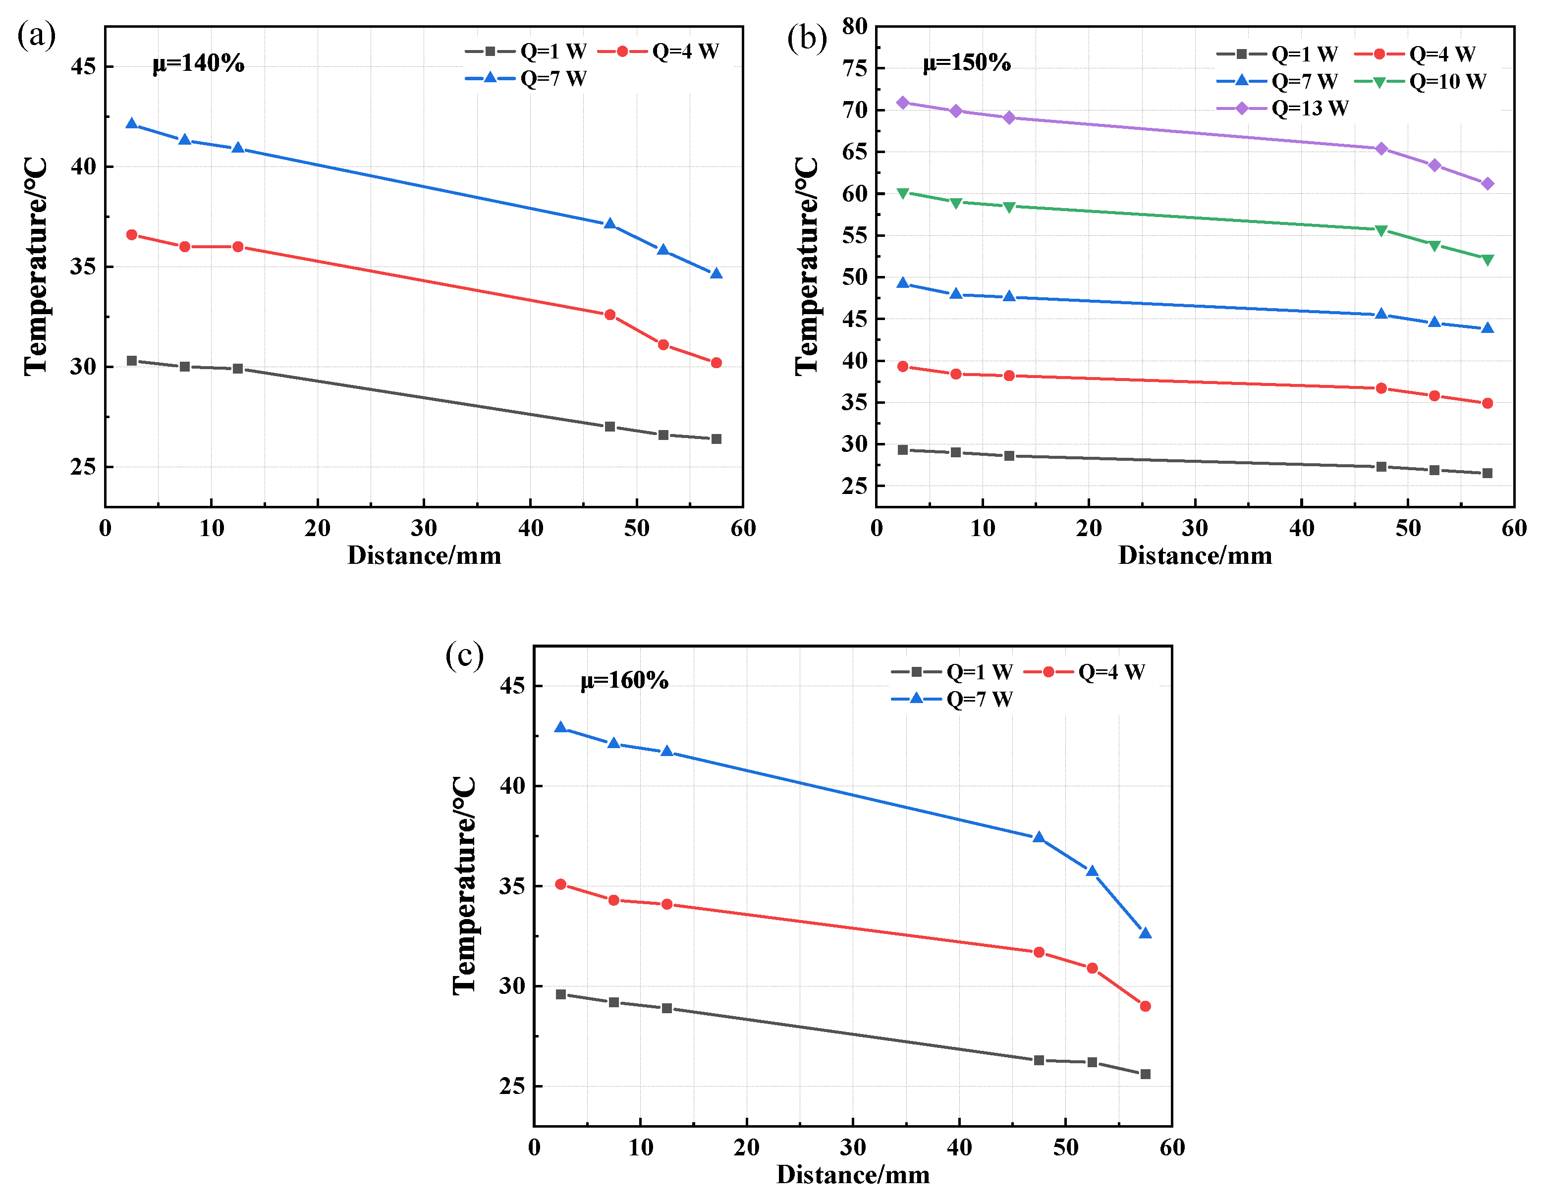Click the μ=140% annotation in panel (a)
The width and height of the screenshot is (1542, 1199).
tap(198, 63)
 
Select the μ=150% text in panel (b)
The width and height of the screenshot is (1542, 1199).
tap(967, 63)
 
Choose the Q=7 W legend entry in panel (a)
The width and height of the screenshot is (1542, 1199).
tap(526, 78)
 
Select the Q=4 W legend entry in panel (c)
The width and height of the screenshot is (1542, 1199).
tap(1084, 671)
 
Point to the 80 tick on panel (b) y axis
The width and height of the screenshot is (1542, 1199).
tap(854, 27)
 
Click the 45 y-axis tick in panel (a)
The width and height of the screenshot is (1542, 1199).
tap(83, 67)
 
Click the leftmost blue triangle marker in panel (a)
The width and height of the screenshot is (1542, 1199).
tap(131, 123)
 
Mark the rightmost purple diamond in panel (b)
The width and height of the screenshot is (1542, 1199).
tap(1487, 184)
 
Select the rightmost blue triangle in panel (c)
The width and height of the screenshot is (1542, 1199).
tap(1145, 933)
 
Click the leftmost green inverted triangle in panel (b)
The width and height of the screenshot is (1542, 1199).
tap(902, 193)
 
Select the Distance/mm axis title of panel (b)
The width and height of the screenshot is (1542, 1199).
tap(1195, 556)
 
